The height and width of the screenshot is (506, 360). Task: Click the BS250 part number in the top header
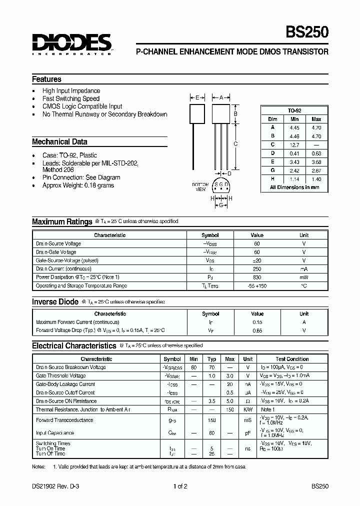pyautogui.click(x=307, y=33)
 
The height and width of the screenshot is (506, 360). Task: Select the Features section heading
pyautogui.click(x=46, y=79)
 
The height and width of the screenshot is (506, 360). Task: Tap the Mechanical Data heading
pyautogui.click(x=59, y=142)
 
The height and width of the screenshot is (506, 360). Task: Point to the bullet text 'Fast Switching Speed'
pyautogui.click(x=71, y=98)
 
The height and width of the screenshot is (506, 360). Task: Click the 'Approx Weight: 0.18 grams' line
pyautogui.click(x=78, y=185)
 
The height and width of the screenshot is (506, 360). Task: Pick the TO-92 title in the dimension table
pyautogui.click(x=294, y=110)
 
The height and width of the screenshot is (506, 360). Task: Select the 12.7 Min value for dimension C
pyautogui.click(x=294, y=145)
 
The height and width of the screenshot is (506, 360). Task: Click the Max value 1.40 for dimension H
pyautogui.click(x=316, y=179)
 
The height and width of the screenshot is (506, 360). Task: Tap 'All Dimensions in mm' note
pyautogui.click(x=294, y=187)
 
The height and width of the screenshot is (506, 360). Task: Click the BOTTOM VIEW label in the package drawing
pyautogui.click(x=200, y=187)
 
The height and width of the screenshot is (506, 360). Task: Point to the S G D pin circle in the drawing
pyautogui.click(x=221, y=185)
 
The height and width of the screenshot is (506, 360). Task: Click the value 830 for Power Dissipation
pyautogui.click(x=257, y=277)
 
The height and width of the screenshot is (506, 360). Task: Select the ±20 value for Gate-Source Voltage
pyautogui.click(x=257, y=260)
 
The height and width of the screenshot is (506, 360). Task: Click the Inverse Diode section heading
pyautogui.click(x=55, y=302)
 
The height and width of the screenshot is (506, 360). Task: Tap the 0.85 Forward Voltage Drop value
pyautogui.click(x=257, y=330)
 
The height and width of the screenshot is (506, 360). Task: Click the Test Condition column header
pyautogui.click(x=292, y=359)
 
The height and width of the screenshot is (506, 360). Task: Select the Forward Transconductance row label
pyautogui.click(x=64, y=420)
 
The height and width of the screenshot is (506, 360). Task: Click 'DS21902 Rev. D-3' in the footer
pyautogui.click(x=53, y=486)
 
